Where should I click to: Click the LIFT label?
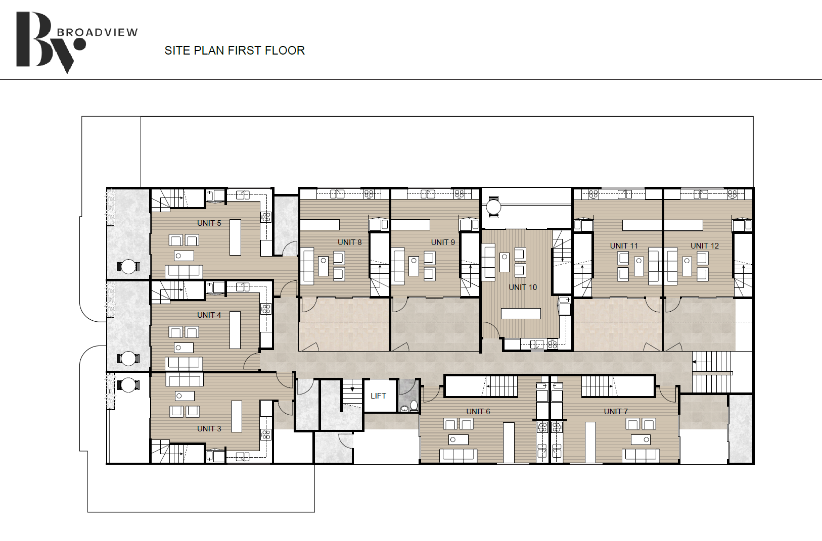pos(378,396)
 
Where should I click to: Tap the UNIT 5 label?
pos(209,223)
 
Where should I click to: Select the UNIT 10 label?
pos(523,287)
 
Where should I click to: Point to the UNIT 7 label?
pos(616,412)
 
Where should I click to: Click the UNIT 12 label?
pos(705,245)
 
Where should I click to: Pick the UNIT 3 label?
pos(209,428)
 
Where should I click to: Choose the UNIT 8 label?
pos(350,242)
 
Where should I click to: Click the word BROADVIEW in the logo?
pos(97,33)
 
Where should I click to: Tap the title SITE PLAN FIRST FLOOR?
pos(235,50)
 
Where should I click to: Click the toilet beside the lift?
pos(414,405)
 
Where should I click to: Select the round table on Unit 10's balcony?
pos(493,207)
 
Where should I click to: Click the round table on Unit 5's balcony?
pos(128,266)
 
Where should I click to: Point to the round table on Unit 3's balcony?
pos(128,385)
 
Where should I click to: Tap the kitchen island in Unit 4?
pos(235,330)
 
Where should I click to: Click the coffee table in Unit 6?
pos(459,439)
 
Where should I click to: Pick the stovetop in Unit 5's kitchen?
pos(266,217)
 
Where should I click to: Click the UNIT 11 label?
pos(624,245)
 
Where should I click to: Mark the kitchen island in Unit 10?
pos(521,314)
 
